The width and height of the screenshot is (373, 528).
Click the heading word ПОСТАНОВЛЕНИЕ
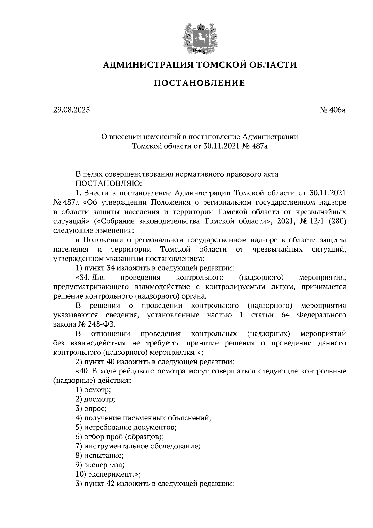(x=200, y=83)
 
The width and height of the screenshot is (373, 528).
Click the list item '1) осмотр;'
(x=93, y=390)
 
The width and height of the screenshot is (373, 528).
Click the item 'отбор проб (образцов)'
(x=124, y=437)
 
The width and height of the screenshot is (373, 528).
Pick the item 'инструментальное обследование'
(x=142, y=446)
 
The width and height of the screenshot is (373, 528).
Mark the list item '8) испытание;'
(x=99, y=456)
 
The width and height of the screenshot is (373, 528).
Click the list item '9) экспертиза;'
(x=100, y=465)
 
